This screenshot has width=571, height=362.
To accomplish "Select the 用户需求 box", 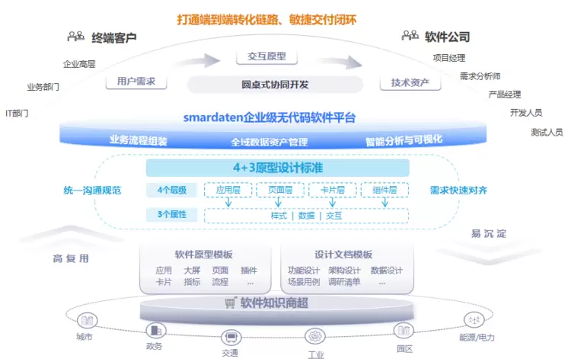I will [138, 81].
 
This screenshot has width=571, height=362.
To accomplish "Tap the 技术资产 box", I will [410, 82].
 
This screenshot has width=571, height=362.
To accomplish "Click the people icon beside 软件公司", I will [410, 36].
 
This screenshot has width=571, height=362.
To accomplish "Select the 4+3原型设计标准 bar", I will [277, 168].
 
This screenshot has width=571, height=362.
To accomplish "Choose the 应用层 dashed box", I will [228, 191].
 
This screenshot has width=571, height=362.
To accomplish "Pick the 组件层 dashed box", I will [385, 191].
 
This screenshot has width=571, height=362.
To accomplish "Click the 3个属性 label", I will [172, 215].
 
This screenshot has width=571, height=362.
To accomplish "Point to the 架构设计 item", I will [344, 271].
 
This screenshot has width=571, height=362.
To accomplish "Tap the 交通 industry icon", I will [231, 337].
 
